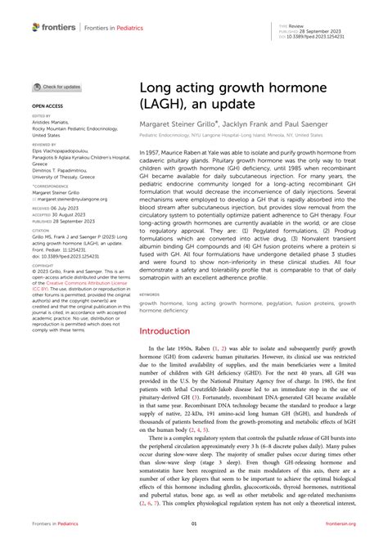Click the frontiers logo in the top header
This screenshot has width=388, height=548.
coord(54,27)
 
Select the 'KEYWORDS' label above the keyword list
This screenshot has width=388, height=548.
coord(150,294)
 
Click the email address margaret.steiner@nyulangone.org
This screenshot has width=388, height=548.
coord(69,199)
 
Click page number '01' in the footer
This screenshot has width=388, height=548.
coord(194,523)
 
